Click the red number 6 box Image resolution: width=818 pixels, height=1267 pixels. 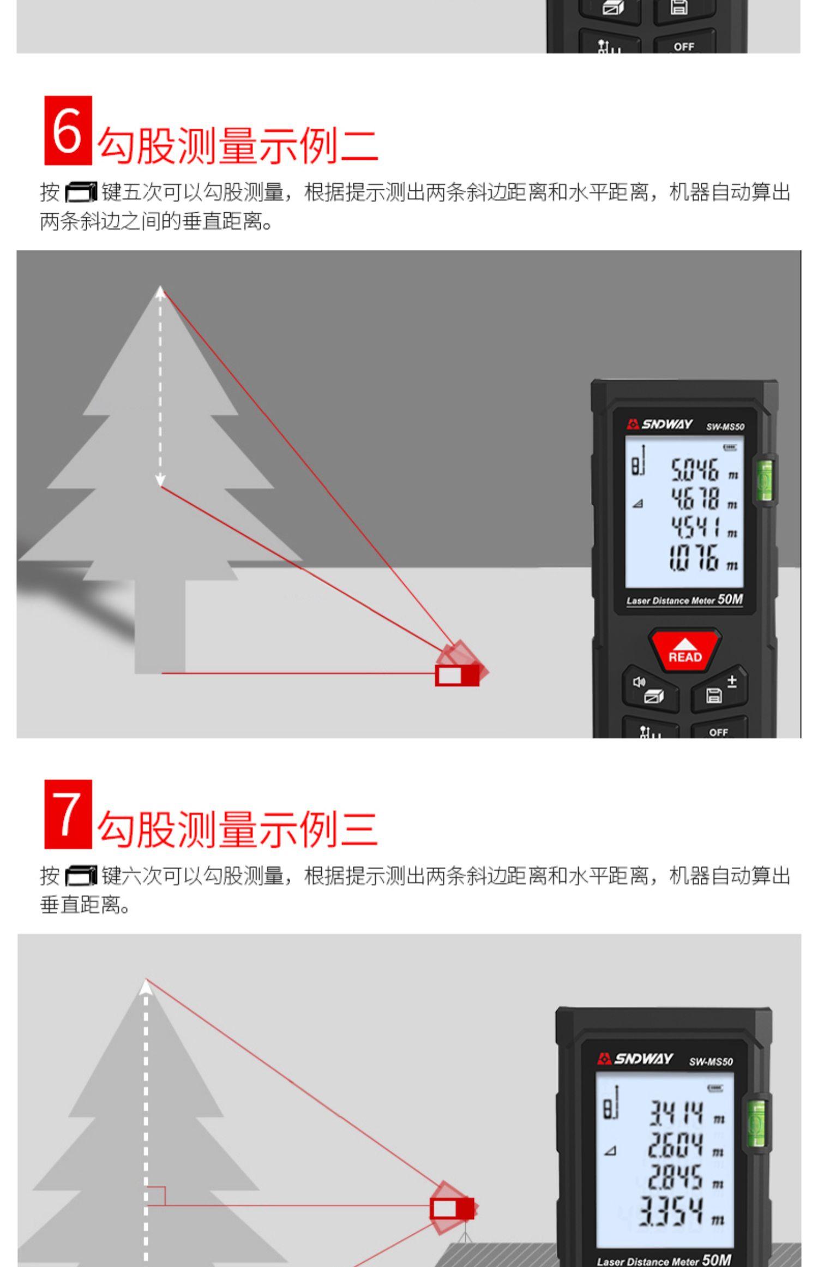click(68, 130)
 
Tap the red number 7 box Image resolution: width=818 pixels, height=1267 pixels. click(68, 814)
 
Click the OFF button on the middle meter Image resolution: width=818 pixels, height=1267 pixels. click(718, 730)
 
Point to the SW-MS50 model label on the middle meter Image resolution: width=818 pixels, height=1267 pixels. click(725, 427)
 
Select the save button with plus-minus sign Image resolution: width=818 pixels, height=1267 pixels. click(719, 690)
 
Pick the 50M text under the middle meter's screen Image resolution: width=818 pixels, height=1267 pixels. click(730, 599)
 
